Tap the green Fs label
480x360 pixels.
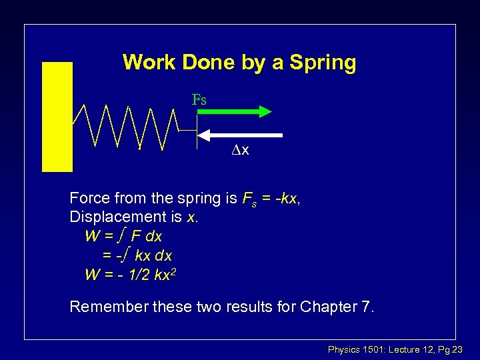[x=199, y=101]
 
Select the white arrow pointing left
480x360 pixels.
[x=241, y=135]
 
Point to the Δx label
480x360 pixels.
[x=240, y=151]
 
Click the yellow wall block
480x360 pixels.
[x=57, y=117]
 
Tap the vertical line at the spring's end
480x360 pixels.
[x=197, y=131]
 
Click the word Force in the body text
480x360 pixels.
[x=89, y=198]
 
